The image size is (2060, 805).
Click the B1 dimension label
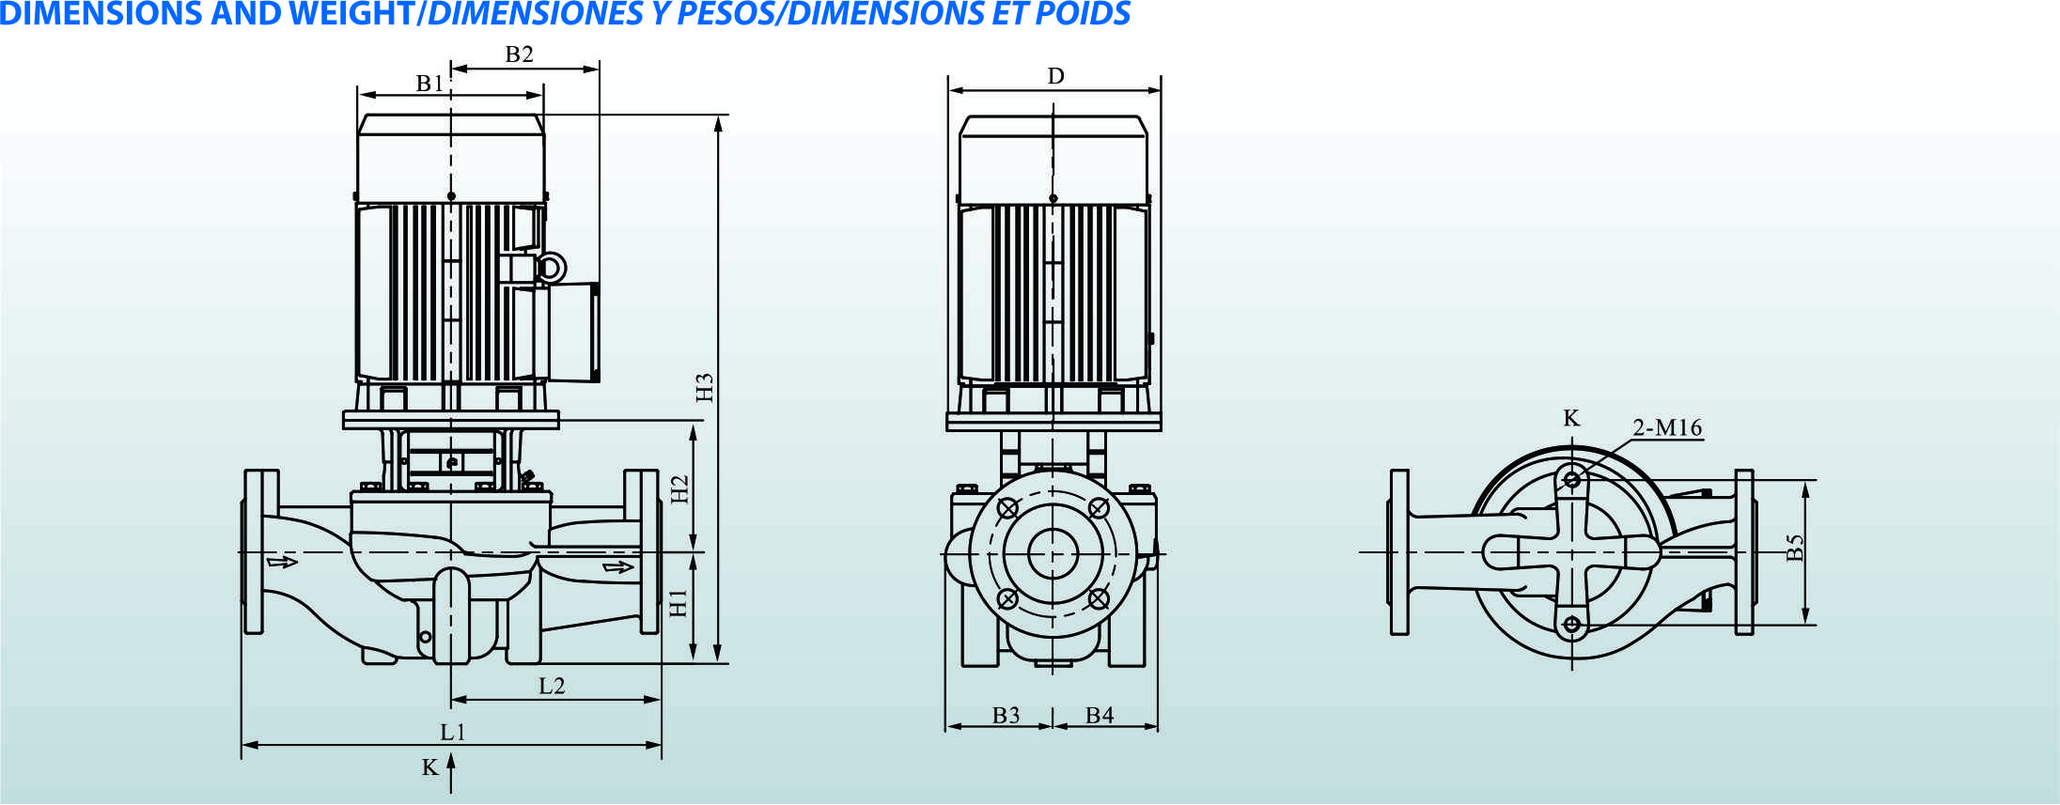coord(429,84)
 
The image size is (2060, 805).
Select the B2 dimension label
coord(519,54)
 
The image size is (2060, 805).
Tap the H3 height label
coord(705,387)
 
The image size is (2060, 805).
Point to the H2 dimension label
coord(679,488)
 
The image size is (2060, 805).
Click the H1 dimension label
coord(678,603)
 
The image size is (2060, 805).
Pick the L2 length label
coord(552,686)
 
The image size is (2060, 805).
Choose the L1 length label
coord(453,732)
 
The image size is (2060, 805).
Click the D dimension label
coord(1056,76)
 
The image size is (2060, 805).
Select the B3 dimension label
coord(1006,715)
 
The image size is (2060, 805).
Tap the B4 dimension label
coord(1100,715)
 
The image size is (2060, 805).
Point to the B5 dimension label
coord(1795,547)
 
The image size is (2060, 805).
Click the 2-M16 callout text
coord(1667,427)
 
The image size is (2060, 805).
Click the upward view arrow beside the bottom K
coord(451,774)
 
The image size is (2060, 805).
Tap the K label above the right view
coord(1571,418)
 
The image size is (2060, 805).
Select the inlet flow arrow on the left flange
coord(282,562)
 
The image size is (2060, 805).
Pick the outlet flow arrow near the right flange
coord(618,566)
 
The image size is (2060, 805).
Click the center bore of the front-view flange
coord(1053,553)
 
